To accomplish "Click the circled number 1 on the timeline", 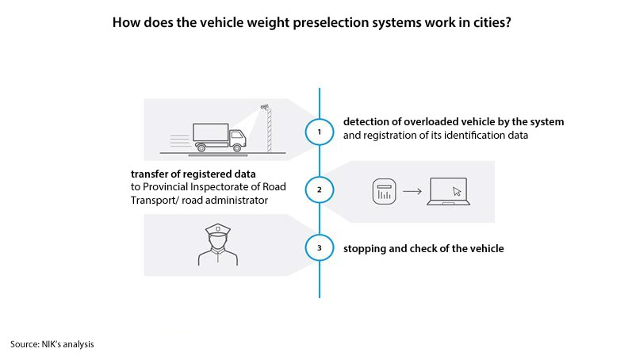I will (319, 132).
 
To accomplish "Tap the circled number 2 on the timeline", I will (319, 190).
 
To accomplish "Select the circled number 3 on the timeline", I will (319, 248).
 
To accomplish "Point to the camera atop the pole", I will (266, 105).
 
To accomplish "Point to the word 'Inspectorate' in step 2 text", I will (225, 186).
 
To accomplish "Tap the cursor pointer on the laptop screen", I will (455, 190).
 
